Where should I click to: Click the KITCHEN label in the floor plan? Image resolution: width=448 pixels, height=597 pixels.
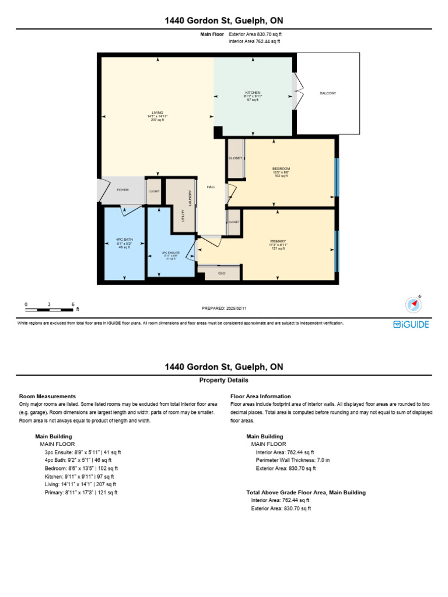253,93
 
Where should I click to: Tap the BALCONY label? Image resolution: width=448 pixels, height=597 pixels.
328,93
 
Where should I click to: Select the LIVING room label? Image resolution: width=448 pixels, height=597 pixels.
157,113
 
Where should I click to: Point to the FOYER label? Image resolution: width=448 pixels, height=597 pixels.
123,190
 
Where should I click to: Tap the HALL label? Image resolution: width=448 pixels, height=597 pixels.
211,187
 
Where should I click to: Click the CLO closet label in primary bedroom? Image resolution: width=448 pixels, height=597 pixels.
222,273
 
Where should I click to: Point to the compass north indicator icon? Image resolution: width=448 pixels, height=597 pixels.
414,304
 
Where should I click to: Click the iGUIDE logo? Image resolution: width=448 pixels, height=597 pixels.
411,324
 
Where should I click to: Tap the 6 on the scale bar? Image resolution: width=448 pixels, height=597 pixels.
73,304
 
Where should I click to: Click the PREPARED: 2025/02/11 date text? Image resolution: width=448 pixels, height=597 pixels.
228,308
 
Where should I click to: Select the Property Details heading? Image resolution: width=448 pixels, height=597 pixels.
224,380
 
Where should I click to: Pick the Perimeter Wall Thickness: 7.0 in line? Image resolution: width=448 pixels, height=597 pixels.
293,460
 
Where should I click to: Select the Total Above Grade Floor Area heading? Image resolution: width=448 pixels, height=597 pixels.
306,492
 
